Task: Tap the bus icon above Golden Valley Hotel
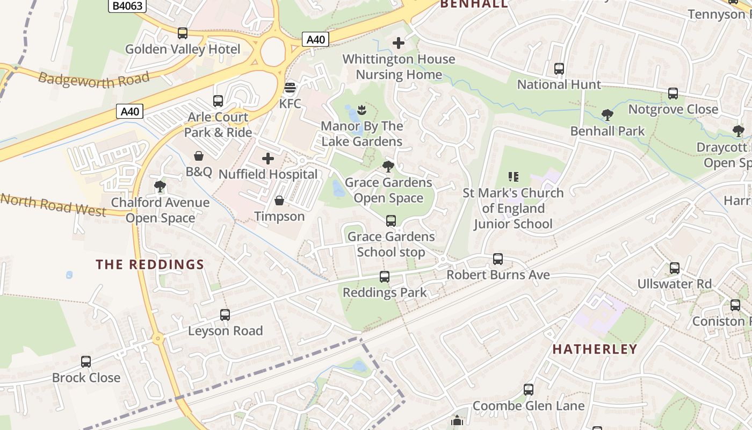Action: [x=183, y=33]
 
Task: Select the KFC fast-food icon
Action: [x=290, y=87]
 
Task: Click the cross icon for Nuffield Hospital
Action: [x=268, y=159]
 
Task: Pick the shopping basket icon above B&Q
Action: [x=199, y=156]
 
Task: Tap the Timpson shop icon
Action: [x=279, y=201]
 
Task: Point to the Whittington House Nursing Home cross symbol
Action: [x=399, y=43]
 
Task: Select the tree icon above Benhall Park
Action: [x=608, y=115]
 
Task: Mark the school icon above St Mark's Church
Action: [x=513, y=177]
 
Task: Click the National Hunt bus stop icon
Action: [x=559, y=69]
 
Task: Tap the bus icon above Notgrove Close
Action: [x=673, y=94]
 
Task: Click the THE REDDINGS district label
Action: [x=150, y=264]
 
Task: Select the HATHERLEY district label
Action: [x=595, y=349]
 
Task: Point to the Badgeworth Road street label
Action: [x=93, y=80]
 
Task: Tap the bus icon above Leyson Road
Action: [x=225, y=315]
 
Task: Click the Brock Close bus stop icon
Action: [x=86, y=362]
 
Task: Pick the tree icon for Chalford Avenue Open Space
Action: [x=160, y=187]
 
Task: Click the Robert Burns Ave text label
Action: [x=498, y=275]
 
